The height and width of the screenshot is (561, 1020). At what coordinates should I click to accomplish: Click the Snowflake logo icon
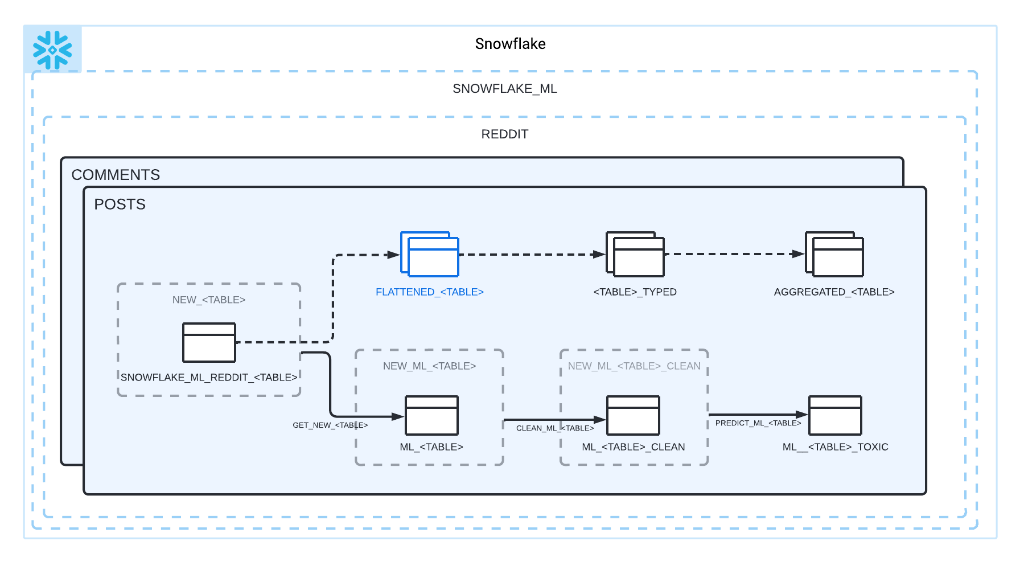[x=52, y=50]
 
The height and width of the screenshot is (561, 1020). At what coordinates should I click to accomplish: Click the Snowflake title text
[x=510, y=44]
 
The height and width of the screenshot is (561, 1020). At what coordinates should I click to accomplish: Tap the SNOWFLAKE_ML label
[x=504, y=89]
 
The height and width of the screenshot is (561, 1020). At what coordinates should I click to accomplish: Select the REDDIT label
[x=505, y=134]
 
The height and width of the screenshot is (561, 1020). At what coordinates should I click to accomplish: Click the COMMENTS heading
[x=116, y=175]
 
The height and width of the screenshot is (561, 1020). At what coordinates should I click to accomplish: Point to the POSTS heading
[x=120, y=204]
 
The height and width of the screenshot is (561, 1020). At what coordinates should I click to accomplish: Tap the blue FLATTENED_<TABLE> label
[x=429, y=292]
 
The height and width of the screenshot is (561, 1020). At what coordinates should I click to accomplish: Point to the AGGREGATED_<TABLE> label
[x=834, y=292]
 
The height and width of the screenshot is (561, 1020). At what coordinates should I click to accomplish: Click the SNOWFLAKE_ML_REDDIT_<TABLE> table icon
[x=209, y=342]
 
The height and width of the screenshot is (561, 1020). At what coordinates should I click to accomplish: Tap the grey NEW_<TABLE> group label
[x=209, y=300]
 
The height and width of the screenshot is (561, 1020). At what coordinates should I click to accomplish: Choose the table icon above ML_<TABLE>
[x=431, y=415]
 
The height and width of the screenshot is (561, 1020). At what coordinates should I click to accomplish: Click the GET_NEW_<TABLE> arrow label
[x=330, y=425]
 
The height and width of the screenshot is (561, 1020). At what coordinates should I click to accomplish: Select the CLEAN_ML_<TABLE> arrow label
[x=555, y=428]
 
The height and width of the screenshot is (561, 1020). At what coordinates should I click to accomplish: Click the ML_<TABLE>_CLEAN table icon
[x=633, y=415]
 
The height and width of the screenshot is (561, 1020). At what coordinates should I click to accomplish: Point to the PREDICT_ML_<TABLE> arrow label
[x=758, y=423]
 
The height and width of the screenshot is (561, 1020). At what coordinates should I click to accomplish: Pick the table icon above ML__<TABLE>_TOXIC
[x=835, y=415]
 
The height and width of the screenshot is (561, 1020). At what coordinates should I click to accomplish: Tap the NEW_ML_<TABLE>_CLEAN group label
[x=634, y=366]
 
